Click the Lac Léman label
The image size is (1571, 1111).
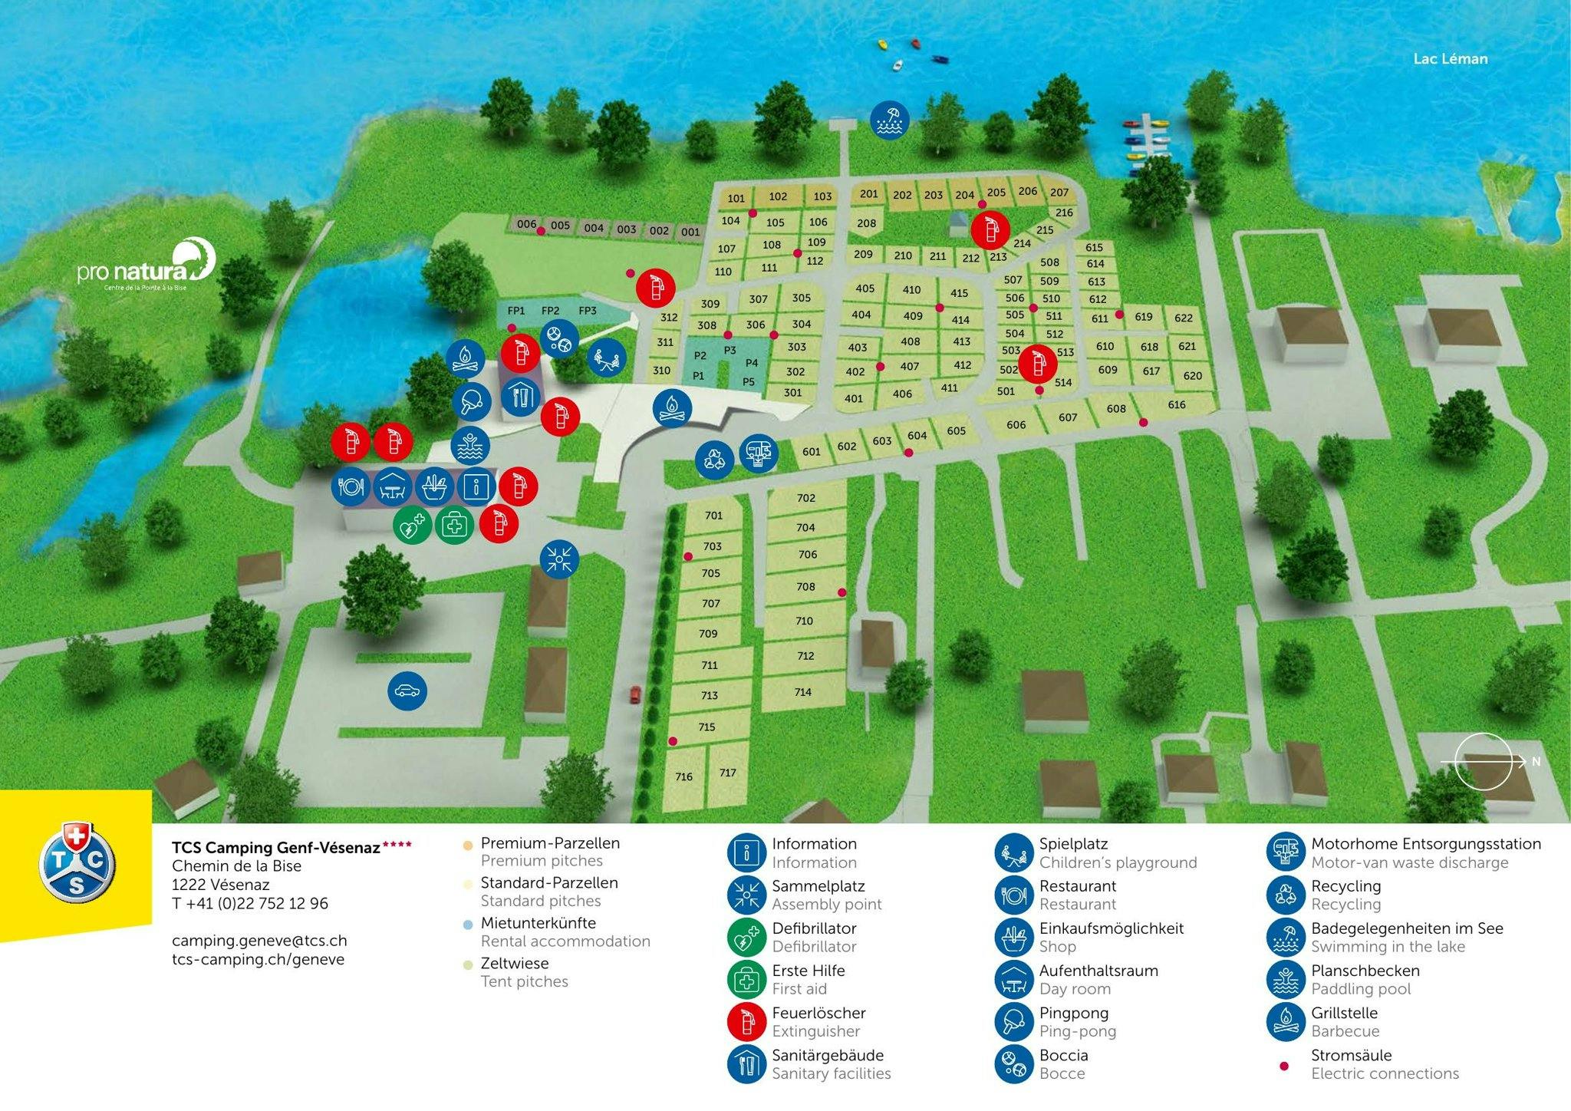point(1450,58)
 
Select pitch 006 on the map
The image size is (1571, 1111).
point(526,224)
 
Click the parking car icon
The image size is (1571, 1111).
point(407,691)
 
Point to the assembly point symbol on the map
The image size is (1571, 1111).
point(560,559)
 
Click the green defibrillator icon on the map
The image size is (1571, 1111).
point(413,526)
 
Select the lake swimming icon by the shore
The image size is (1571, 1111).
point(890,120)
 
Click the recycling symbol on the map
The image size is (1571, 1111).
point(715,460)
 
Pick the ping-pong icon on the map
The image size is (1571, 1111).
point(471,401)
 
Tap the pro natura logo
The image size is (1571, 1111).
point(147,265)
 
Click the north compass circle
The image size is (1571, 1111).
point(1483,761)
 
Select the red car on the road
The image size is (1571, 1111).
point(636,694)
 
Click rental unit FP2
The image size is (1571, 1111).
point(550,311)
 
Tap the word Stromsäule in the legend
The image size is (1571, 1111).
point(1351,1055)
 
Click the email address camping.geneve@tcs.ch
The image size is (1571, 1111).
point(259,941)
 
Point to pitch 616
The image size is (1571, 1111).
point(1177,404)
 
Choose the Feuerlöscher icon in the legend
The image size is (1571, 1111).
point(747,1021)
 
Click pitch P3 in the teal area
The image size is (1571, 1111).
point(730,350)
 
